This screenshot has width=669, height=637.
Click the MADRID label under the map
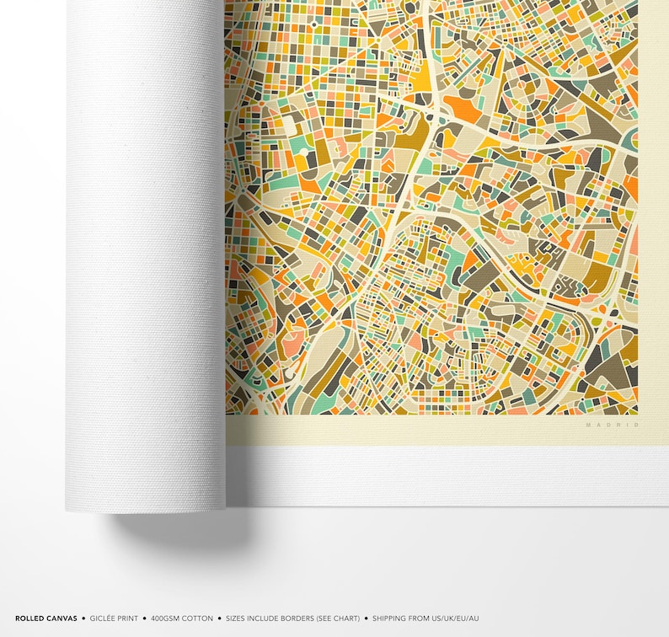click(613, 425)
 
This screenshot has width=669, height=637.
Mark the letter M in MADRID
click(589, 425)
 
